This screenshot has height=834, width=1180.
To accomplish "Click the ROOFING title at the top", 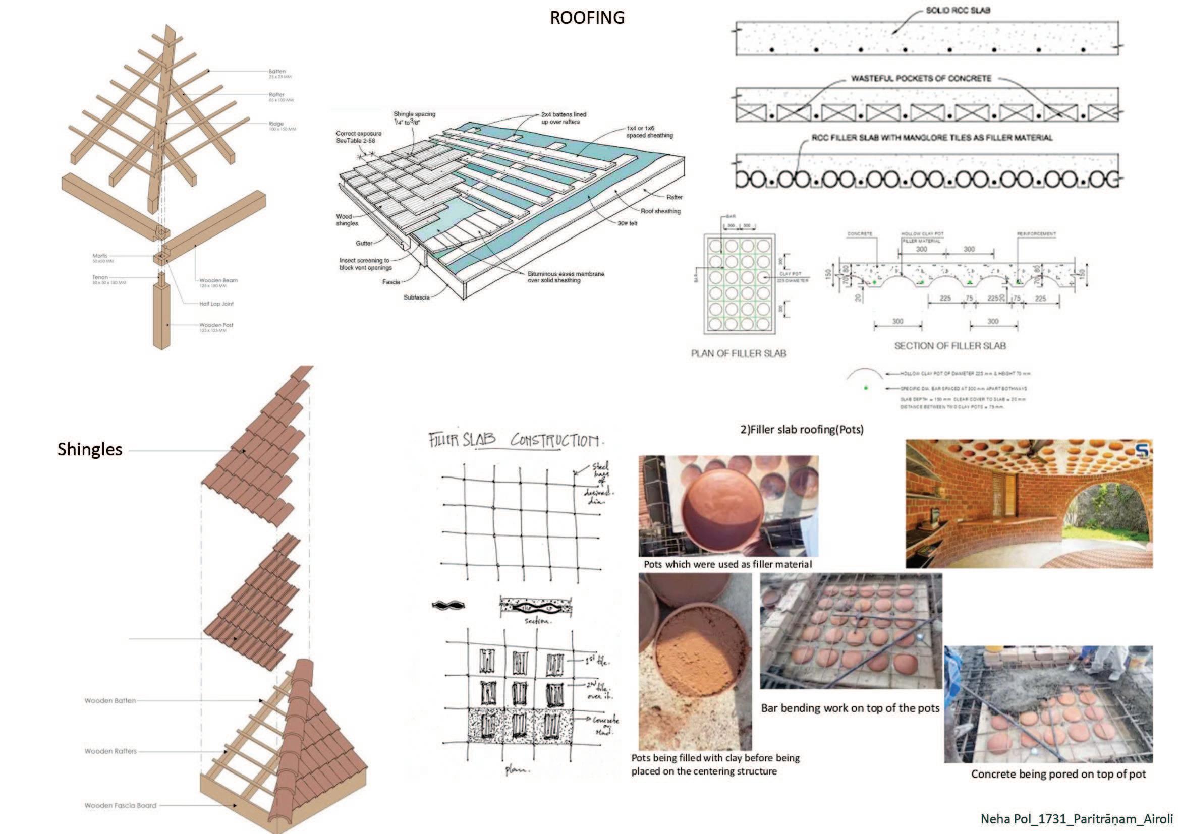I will point(587,18).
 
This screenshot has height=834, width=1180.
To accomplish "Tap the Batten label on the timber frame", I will point(277,72).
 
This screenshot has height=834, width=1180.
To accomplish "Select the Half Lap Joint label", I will point(216,304).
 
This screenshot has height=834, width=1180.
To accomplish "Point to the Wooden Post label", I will point(216,325).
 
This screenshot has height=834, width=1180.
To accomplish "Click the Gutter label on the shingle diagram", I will point(364,243).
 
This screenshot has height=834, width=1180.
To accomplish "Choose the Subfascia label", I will point(416,297).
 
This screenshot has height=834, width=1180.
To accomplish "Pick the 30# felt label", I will point(628,223).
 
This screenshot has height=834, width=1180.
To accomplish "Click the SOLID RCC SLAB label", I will point(958,10).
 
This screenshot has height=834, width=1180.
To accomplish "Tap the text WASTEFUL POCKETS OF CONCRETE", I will point(921,79).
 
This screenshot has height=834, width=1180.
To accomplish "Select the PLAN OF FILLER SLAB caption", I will point(739,353).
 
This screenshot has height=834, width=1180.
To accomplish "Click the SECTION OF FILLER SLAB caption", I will point(950,346).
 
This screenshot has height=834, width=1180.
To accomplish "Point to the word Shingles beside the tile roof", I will point(90,449).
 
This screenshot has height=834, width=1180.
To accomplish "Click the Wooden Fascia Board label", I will point(120,805).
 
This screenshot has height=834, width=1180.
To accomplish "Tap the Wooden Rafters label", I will point(110,751).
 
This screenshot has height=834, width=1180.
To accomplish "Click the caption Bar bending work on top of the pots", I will point(850,708).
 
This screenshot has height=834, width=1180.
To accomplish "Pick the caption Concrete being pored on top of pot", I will point(1058,774).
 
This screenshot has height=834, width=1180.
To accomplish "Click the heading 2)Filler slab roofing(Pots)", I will point(801,429).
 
